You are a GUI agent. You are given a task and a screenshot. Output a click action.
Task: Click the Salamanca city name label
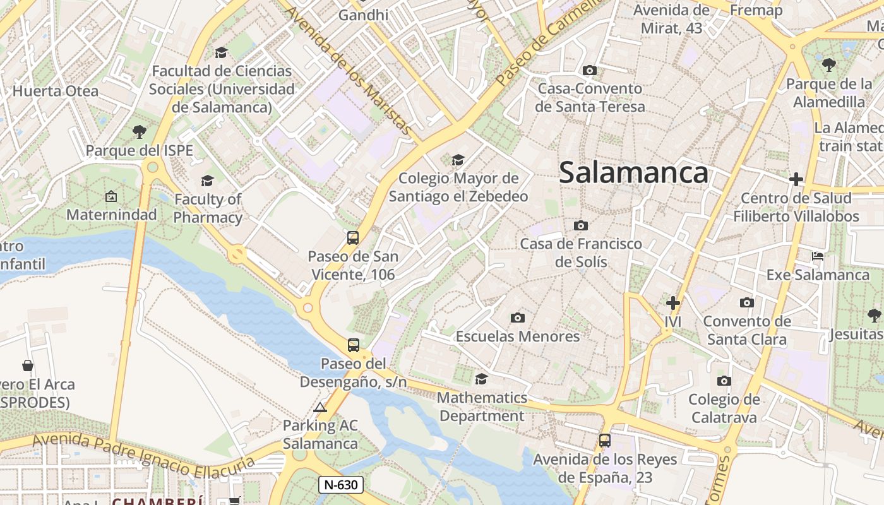633,172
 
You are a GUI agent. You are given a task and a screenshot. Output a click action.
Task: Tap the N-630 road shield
341,485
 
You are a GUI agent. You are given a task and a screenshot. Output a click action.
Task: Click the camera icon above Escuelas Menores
518,318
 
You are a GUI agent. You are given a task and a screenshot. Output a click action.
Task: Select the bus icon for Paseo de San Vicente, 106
353,238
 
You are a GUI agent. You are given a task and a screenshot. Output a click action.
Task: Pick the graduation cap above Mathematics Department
481,379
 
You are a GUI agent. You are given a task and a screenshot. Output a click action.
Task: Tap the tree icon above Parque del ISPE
140,132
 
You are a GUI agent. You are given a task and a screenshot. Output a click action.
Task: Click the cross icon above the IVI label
673,303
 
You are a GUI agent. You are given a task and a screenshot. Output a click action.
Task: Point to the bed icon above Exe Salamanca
818,256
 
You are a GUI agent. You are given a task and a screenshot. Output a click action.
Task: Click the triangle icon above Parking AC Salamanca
320,407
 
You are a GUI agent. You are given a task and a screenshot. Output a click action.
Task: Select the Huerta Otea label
56,91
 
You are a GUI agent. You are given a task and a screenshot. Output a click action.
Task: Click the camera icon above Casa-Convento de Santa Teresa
590,70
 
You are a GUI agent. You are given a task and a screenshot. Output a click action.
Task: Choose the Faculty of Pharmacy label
208,208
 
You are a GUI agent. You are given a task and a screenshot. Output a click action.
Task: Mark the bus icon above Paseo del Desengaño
354,345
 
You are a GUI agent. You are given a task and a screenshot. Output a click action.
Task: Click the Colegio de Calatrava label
724,408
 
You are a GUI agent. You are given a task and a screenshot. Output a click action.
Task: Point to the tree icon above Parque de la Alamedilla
829,65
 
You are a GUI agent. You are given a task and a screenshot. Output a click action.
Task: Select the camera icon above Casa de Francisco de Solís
581,225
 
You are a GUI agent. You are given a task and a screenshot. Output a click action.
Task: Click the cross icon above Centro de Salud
796,179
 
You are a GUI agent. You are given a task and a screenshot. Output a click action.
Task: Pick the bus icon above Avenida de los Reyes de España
605,441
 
